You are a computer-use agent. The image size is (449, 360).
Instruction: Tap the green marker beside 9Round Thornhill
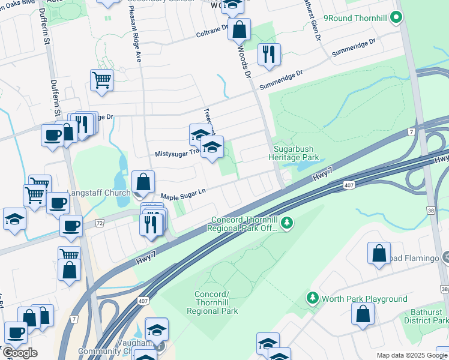(395, 18)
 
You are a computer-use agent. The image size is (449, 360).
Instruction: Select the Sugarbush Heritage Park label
(295, 152)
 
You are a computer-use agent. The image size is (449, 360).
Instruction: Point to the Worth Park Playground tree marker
(312, 298)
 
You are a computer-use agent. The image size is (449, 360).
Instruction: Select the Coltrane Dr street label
(212, 31)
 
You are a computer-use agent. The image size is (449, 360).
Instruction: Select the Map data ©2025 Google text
(411, 355)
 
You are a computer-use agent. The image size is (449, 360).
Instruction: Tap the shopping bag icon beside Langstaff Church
(143, 181)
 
